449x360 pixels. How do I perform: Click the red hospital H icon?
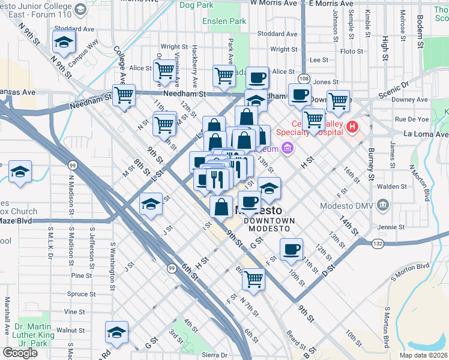[x=352, y=127]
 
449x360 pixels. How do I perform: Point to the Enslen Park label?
[x=228, y=21]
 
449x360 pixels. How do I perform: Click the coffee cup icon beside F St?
[x=291, y=249]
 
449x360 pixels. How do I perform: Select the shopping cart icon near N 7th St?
[x=253, y=278]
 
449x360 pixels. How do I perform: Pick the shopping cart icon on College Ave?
[x=124, y=95]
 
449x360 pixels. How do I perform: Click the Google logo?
[x=20, y=353]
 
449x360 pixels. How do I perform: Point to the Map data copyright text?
[x=424, y=355]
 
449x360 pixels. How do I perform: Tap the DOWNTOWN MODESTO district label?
[x=270, y=224]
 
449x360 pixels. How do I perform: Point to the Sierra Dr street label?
[x=214, y=355]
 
